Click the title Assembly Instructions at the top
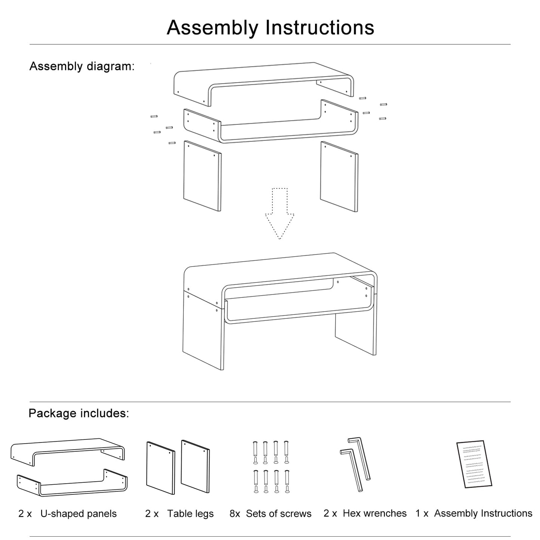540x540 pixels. [x=270, y=28]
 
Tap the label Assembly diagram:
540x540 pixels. [x=82, y=67]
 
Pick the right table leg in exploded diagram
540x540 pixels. [x=339, y=176]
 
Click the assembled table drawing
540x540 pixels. [x=280, y=310]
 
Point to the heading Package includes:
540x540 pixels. [x=78, y=413]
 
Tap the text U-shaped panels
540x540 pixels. [x=78, y=514]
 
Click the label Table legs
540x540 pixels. [x=190, y=514]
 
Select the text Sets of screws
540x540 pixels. [x=278, y=514]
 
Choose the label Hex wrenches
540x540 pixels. [x=374, y=513]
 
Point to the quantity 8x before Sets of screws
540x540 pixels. [x=235, y=514]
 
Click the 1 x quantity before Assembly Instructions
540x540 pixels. [x=422, y=513]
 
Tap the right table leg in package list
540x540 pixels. [x=195, y=466]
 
